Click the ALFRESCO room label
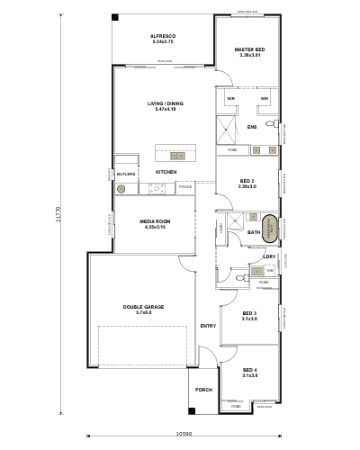[x=162, y=37]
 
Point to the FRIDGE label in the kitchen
[x=184, y=187]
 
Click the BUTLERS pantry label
[x=125, y=174]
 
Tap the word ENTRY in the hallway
[x=208, y=326]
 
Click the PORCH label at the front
[x=203, y=390]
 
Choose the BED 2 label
[x=248, y=181]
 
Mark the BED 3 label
[x=249, y=313]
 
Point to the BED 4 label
[x=249, y=372]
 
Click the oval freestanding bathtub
[x=265, y=223]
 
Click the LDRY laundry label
[x=267, y=256]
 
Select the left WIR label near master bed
[x=231, y=98]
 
